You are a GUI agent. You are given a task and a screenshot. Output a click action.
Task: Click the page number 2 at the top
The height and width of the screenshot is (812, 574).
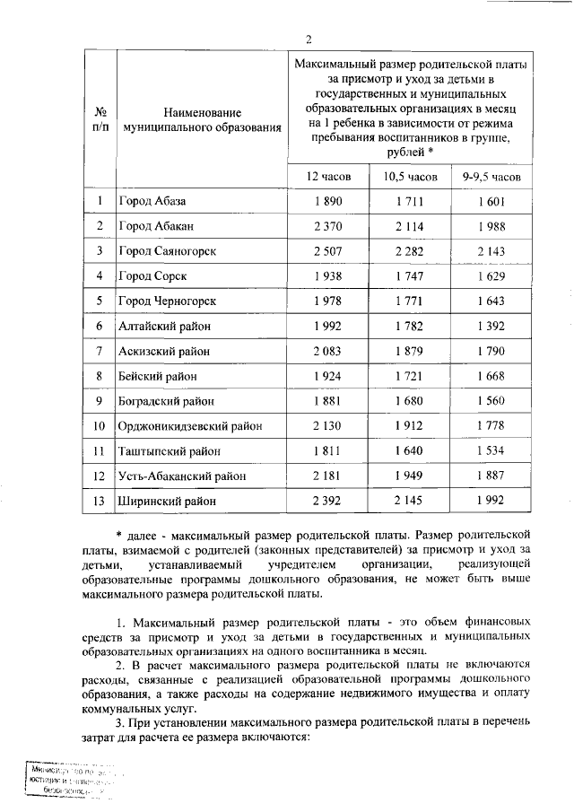coord(309,39)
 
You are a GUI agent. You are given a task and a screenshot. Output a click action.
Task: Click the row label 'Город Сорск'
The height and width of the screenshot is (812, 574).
coord(152,276)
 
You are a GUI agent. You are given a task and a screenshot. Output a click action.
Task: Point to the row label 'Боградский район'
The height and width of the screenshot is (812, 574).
coord(166,401)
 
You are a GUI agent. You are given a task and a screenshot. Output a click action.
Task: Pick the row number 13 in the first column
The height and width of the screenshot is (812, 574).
coord(100,501)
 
